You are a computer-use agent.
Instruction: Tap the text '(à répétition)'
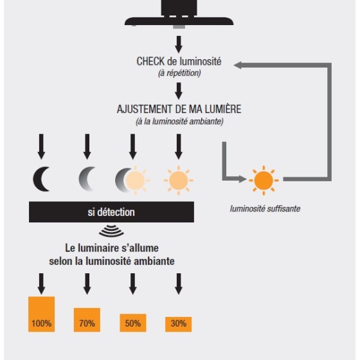(x=179, y=73)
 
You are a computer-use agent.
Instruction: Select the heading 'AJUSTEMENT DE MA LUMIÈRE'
(x=179, y=109)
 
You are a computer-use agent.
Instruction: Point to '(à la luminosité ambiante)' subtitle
(x=179, y=122)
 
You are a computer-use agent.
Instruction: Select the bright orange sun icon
(x=264, y=180)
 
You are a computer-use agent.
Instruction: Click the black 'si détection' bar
(x=111, y=212)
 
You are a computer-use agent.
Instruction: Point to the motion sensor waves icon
(x=111, y=231)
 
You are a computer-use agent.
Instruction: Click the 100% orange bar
(x=41, y=314)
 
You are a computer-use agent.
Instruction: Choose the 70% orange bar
(x=87, y=320)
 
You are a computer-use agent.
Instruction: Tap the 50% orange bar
(x=132, y=323)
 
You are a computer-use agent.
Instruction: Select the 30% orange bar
(x=179, y=324)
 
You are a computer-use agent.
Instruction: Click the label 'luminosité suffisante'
(x=265, y=209)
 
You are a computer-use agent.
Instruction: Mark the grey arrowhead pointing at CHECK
(x=238, y=65)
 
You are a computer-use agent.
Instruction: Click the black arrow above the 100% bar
(x=41, y=283)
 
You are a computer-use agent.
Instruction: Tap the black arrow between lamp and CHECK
(x=179, y=44)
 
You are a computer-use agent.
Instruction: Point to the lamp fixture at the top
(x=179, y=14)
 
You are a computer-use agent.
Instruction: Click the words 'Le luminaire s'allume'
(x=112, y=248)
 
